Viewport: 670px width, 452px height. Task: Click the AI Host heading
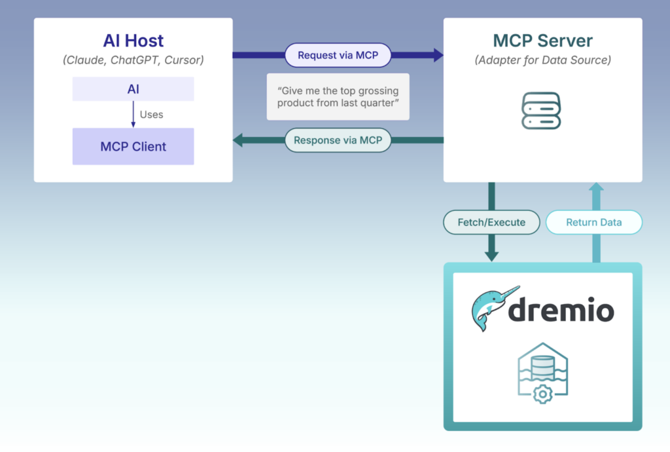pyautogui.click(x=133, y=41)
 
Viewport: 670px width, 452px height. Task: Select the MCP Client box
pyautogui.click(x=133, y=146)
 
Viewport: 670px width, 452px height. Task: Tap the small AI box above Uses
pyautogui.click(x=133, y=89)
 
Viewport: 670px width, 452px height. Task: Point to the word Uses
pyautogui.click(x=151, y=115)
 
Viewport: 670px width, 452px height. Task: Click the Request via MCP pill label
pyautogui.click(x=338, y=55)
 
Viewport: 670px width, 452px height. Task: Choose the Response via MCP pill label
pyautogui.click(x=338, y=140)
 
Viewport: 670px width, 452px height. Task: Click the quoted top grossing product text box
pyautogui.click(x=338, y=97)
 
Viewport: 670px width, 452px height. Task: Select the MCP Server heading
pyautogui.click(x=542, y=41)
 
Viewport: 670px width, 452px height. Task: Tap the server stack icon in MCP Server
pyautogui.click(x=541, y=111)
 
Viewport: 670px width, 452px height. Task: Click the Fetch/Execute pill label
pyautogui.click(x=491, y=222)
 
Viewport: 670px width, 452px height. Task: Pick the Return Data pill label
pyautogui.click(x=594, y=222)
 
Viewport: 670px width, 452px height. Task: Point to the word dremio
pyautogui.click(x=561, y=310)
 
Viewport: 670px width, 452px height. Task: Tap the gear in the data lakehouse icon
pyautogui.click(x=542, y=394)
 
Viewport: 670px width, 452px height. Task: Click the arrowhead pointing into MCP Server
pyautogui.click(x=439, y=55)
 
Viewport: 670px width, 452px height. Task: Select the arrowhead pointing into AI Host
pyautogui.click(x=238, y=140)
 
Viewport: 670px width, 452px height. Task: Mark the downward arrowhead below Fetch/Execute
pyautogui.click(x=491, y=256)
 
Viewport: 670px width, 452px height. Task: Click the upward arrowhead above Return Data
pyautogui.click(x=596, y=187)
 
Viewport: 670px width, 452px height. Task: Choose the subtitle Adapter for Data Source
pyautogui.click(x=542, y=60)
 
